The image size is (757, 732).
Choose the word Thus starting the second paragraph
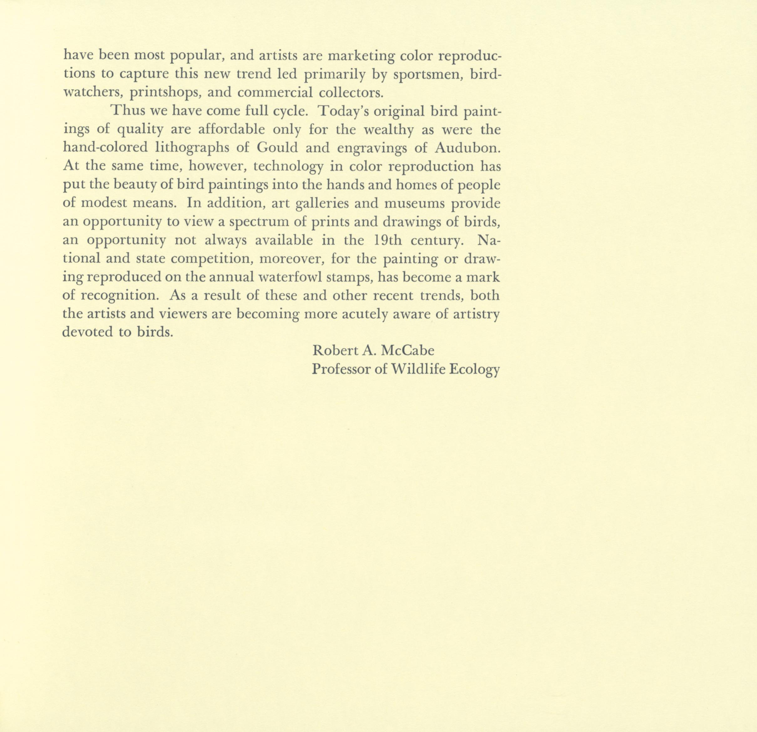point(127,111)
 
